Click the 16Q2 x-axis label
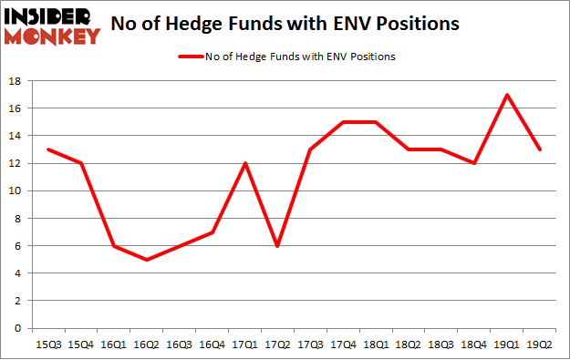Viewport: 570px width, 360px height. (x=146, y=345)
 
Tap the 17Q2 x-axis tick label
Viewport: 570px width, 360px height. (x=277, y=345)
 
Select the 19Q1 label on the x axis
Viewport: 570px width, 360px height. (x=507, y=345)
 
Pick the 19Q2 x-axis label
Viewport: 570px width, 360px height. (x=540, y=345)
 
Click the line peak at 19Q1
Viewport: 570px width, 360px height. (x=507, y=95)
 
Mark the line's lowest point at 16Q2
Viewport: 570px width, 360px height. (x=146, y=259)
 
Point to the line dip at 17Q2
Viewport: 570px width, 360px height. (x=277, y=245)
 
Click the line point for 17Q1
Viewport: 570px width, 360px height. (x=244, y=163)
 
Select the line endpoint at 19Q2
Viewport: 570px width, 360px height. (x=540, y=149)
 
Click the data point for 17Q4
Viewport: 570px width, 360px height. (x=343, y=122)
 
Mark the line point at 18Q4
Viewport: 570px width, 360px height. (x=474, y=163)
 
